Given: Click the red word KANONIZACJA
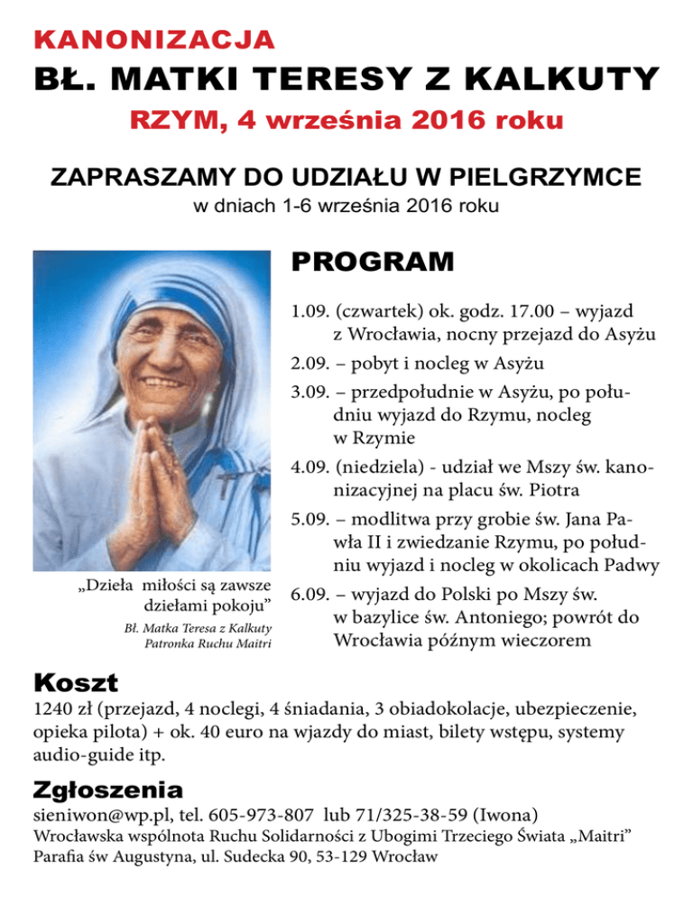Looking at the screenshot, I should pos(153,40).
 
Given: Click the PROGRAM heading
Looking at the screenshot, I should pos(372,264).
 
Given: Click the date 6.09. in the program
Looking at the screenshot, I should pos(310,596).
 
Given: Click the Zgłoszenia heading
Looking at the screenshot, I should pos(107,790).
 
